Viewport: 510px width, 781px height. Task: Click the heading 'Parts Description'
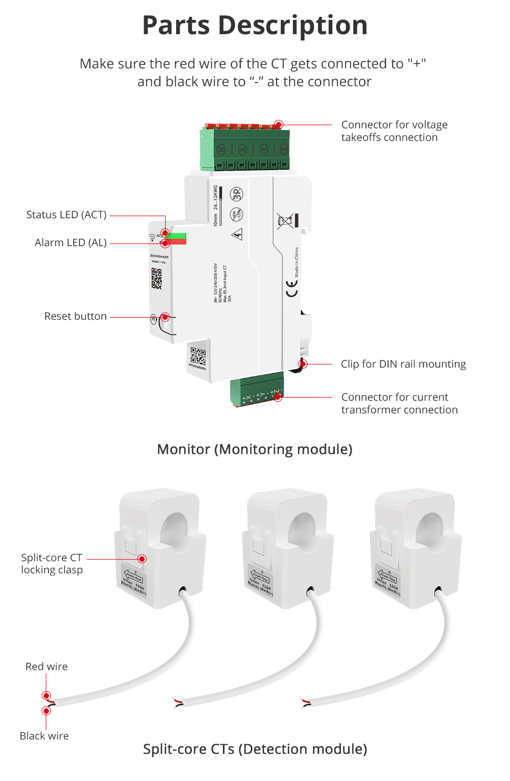coord(255,25)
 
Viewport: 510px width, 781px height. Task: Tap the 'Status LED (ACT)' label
coord(66,215)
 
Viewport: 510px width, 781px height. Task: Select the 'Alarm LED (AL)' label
coord(70,242)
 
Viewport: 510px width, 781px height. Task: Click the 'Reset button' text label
coord(75,316)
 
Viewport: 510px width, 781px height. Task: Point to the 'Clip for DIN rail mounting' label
coord(403,364)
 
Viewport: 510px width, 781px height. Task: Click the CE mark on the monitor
coord(292,288)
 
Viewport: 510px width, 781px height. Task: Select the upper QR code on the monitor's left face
coord(157,278)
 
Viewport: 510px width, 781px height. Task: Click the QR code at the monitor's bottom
coord(198,356)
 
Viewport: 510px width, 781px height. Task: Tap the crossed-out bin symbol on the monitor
coord(285,221)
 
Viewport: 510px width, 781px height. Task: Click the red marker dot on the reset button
coord(165,317)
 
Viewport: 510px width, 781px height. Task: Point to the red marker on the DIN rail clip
coord(303,364)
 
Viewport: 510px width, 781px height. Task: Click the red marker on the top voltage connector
coord(279,125)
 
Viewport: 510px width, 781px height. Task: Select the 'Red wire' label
coord(46,666)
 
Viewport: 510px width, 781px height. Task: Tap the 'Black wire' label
coord(44,736)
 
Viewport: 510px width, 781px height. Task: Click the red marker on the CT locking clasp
coord(142,559)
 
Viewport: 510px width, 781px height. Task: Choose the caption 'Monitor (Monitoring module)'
coord(255,449)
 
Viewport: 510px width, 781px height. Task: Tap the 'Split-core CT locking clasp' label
coord(52,564)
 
